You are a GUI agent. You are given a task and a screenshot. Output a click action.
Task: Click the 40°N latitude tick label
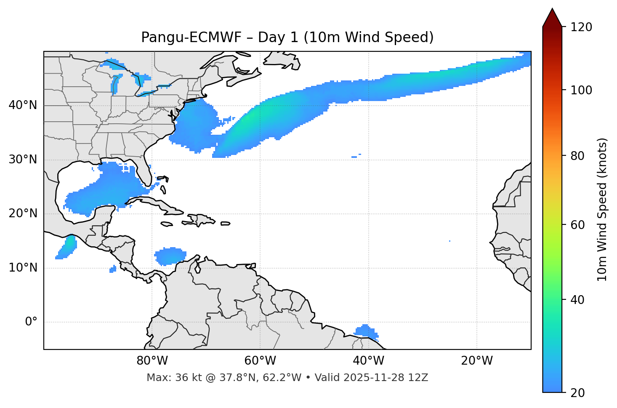(23, 105)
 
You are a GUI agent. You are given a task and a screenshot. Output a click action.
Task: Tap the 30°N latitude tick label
(23, 160)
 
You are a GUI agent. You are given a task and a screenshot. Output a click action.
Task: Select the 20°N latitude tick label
(23, 213)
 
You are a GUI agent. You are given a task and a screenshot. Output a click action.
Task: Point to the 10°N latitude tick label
(23, 268)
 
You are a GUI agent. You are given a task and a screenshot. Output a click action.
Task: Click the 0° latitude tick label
(31, 322)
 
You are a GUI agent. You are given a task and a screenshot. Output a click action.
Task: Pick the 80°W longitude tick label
(152, 361)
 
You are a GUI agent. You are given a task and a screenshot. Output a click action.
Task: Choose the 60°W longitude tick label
(260, 361)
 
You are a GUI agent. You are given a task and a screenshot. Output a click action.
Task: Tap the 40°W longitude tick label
(368, 361)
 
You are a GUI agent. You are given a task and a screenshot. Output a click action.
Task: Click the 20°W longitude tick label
(477, 361)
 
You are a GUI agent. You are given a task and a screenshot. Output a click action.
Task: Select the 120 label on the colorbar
(581, 27)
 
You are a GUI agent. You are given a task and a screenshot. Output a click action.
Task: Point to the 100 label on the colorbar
(581, 90)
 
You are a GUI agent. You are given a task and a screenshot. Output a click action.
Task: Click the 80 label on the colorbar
(578, 156)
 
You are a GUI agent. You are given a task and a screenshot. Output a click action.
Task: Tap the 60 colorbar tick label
(578, 225)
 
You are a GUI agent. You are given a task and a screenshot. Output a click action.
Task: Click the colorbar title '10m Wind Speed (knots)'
(602, 209)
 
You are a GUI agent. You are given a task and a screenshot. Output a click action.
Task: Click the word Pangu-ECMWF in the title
(191, 37)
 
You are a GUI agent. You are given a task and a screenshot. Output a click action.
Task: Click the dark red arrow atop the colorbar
(552, 18)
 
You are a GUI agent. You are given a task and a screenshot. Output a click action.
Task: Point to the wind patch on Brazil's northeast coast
(366, 331)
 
